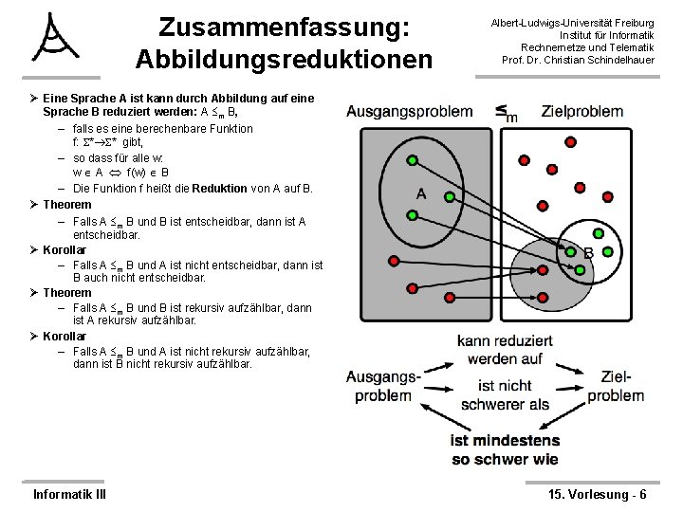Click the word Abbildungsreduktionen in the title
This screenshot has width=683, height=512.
[x=283, y=58]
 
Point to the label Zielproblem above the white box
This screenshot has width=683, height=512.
[x=582, y=111]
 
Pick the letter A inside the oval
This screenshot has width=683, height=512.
[x=421, y=194]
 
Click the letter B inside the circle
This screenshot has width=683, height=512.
[x=588, y=253]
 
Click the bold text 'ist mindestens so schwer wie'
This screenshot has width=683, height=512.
[x=505, y=450]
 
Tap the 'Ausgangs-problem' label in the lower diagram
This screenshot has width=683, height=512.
[x=383, y=386]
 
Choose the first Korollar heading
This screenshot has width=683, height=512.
[x=65, y=250]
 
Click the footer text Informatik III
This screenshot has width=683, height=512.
[x=69, y=495]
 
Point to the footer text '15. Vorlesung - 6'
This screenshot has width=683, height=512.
[x=598, y=495]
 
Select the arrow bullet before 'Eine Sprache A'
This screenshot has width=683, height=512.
[x=34, y=98]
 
